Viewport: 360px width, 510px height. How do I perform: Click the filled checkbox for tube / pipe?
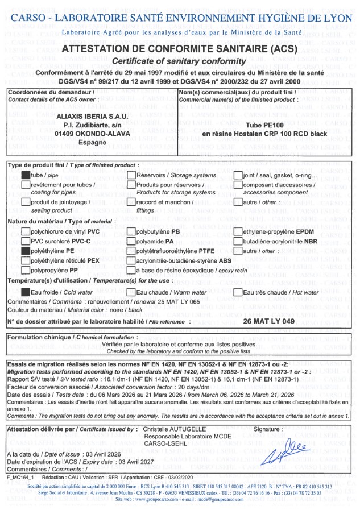[26, 175]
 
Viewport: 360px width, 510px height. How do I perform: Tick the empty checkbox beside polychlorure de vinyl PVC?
[26, 231]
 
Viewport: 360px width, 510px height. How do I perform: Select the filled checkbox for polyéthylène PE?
[26, 251]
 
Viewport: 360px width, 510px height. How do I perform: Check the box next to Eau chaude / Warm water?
[131, 292]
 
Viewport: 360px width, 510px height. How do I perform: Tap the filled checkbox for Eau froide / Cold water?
[26, 292]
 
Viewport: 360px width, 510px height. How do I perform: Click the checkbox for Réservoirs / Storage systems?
[131, 175]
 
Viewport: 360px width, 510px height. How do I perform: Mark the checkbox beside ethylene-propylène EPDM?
[238, 231]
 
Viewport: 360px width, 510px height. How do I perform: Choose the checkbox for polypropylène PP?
[26, 270]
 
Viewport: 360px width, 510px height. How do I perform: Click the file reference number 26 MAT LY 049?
[268, 321]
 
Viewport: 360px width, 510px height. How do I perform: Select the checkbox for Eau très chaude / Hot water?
[238, 292]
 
